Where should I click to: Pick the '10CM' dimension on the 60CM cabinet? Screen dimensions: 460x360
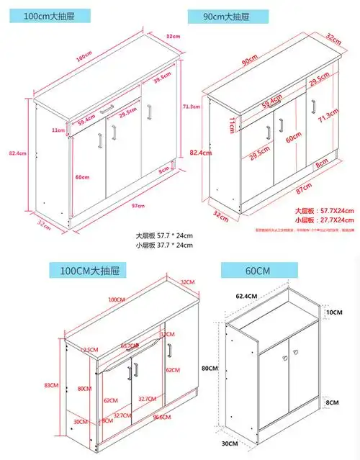click(335, 311)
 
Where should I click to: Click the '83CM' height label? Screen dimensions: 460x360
click(50, 385)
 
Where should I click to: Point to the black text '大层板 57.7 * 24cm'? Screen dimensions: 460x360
click(164, 235)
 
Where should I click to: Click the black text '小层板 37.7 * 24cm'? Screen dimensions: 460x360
click(164, 245)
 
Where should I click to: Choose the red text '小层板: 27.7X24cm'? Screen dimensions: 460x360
click(323, 217)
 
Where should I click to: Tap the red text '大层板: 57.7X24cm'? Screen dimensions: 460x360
click(323, 209)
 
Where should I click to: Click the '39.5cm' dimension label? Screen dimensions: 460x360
click(161, 74)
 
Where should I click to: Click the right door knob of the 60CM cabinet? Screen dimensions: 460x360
click(294, 358)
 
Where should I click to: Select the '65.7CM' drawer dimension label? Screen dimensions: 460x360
click(130, 346)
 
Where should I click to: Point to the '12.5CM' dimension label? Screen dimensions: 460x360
click(89, 350)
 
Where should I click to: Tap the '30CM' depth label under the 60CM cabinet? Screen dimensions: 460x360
click(228, 444)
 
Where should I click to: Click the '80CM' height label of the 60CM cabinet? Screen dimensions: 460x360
click(210, 369)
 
